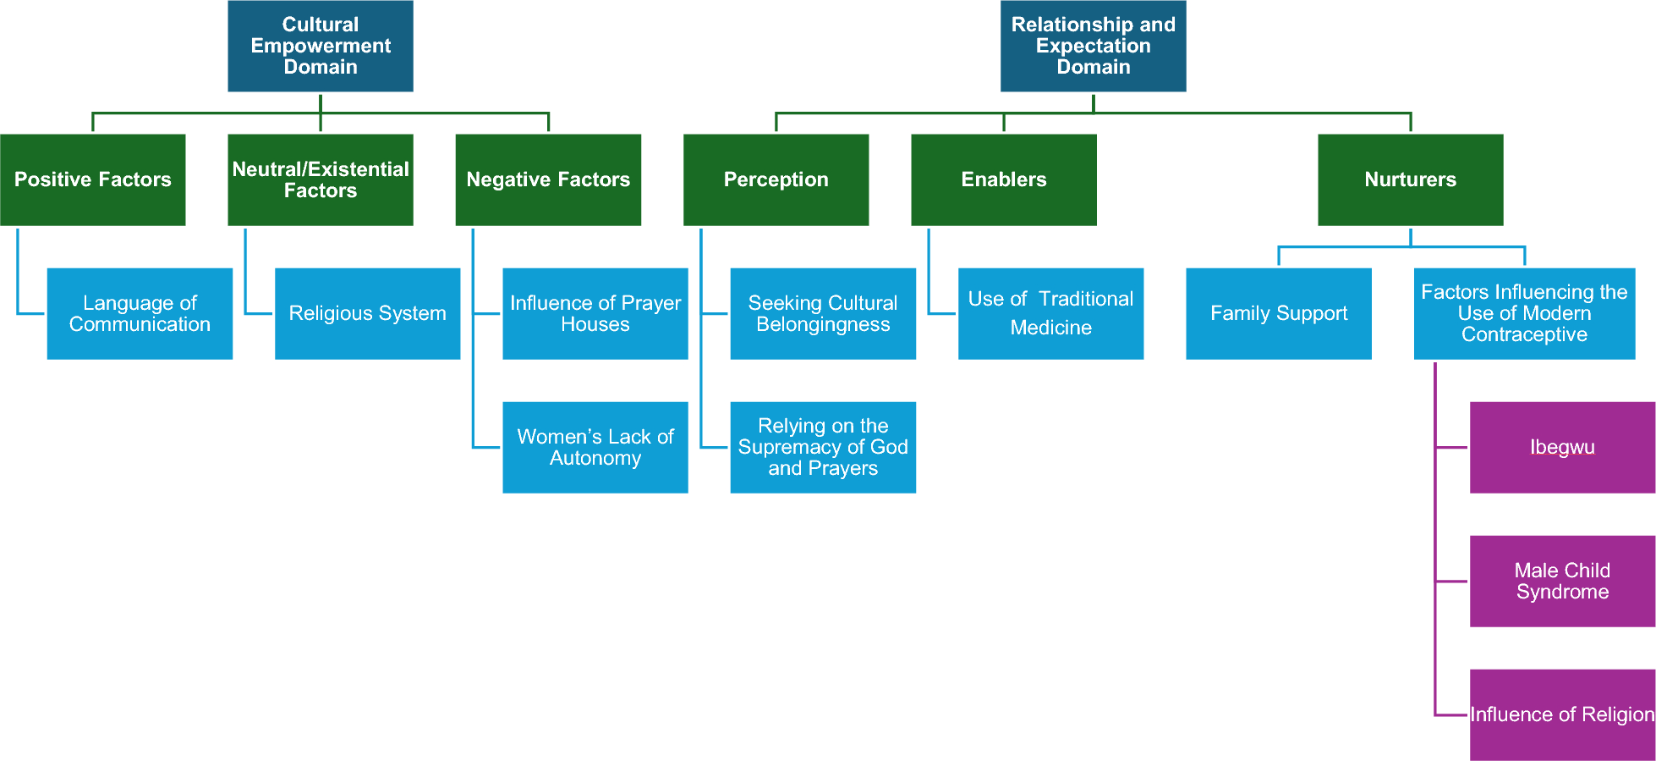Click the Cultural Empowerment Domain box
click(320, 46)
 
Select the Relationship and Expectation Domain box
click(1093, 46)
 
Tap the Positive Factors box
click(92, 179)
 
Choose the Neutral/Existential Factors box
click(320, 179)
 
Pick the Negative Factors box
click(548, 179)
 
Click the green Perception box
click(776, 179)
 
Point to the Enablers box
click(1003, 179)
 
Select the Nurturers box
click(1410, 179)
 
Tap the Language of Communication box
click(140, 313)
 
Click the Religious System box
click(367, 313)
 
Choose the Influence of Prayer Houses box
click(595, 313)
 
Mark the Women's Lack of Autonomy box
click(595, 447)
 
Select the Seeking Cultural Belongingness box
click(823, 313)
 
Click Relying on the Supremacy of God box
click(823, 447)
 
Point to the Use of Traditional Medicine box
click(1050, 313)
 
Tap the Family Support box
click(1278, 313)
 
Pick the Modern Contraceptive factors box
click(1524, 313)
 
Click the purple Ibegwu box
click(1562, 447)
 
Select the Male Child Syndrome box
click(1562, 581)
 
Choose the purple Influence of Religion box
click(1562, 714)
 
